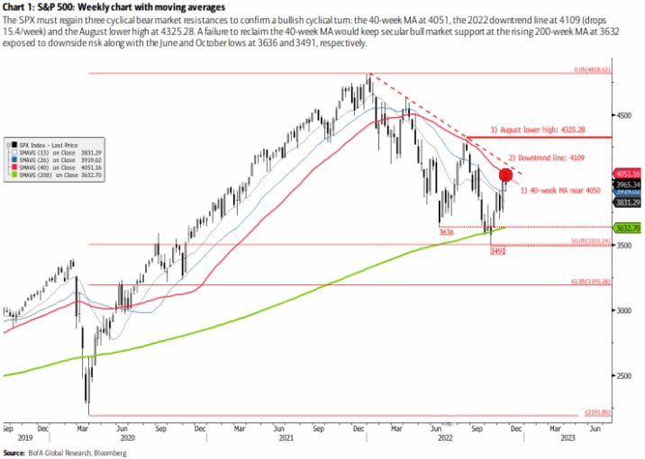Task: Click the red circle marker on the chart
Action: point(505,175)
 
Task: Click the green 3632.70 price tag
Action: point(626,229)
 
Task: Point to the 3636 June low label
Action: point(446,232)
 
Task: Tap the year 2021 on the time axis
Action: point(286,438)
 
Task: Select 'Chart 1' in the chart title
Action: point(19,6)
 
